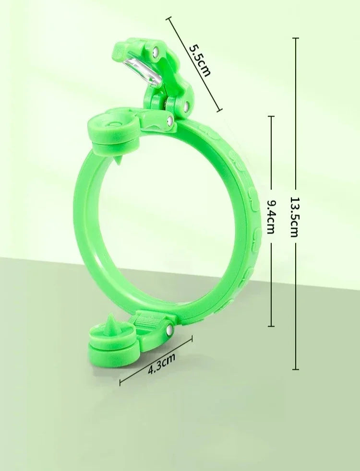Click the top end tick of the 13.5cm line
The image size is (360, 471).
(295, 38)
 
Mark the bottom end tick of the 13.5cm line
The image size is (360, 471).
(295, 369)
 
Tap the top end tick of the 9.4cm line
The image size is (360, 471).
(271, 116)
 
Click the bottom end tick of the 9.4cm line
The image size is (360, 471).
(271, 326)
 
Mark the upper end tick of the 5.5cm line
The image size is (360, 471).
(168, 18)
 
